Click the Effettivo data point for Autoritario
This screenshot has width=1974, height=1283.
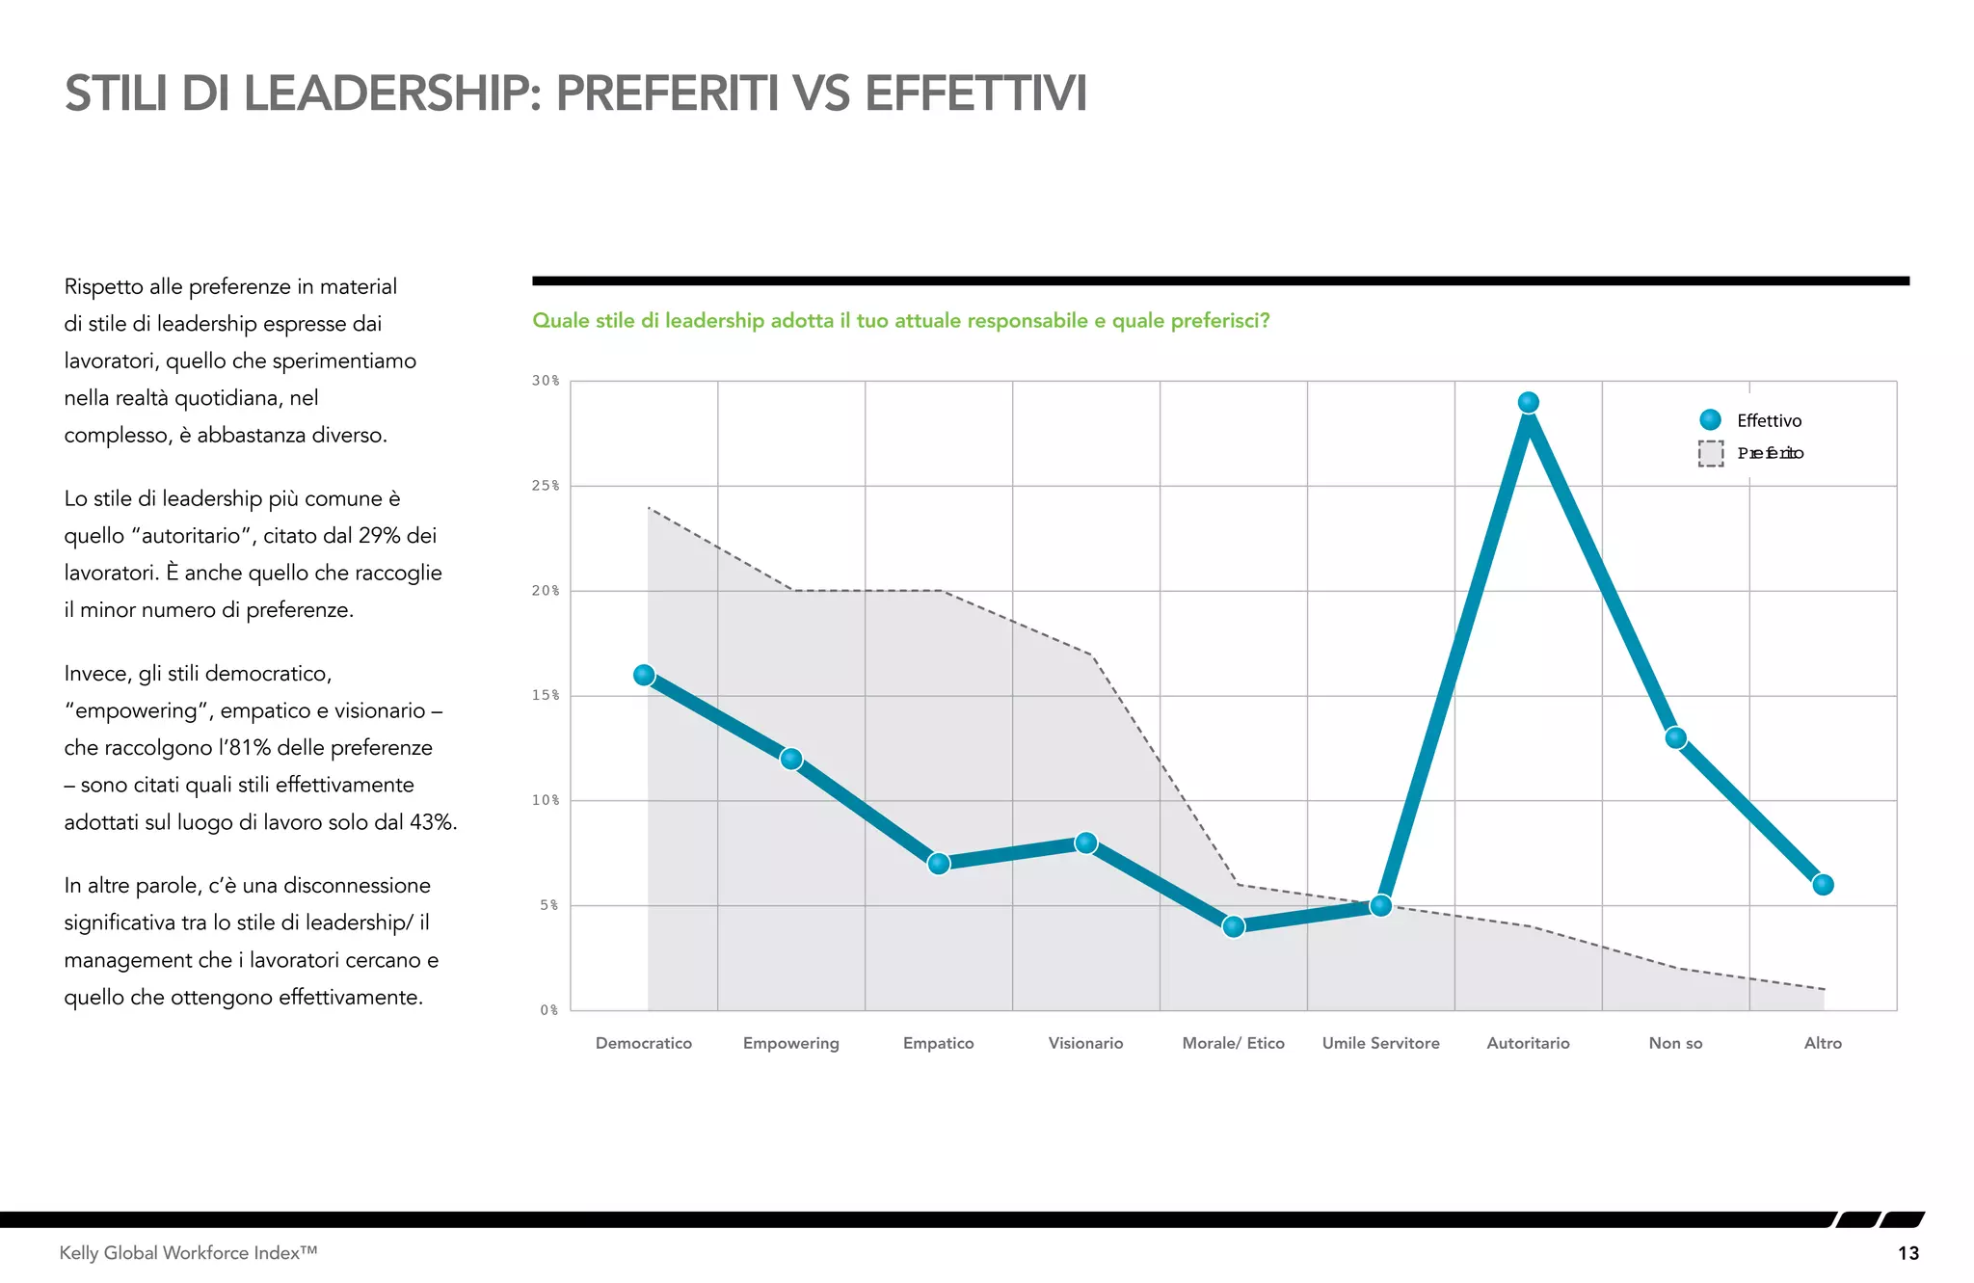coord(1528,402)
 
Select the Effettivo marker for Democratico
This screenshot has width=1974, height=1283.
coord(644,675)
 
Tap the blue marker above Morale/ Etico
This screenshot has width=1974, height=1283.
coord(1233,926)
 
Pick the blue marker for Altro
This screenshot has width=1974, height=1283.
coord(1822,884)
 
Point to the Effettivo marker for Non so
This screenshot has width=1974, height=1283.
coord(1675,737)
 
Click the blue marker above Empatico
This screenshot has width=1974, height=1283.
coord(939,863)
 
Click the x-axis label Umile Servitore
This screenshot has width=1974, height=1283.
coord(1380,1043)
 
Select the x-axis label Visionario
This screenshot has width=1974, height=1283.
coord(1085,1043)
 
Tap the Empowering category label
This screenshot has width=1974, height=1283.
coord(790,1043)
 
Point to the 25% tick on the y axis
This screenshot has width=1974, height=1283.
coord(545,486)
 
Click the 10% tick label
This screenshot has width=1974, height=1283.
coord(545,800)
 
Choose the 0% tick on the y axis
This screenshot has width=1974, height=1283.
coord(548,1010)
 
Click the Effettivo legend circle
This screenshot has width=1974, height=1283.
coord(1710,419)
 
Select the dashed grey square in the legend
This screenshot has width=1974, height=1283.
coord(1710,453)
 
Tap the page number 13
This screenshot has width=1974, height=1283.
coord(1907,1253)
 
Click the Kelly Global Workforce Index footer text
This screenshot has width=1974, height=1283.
coord(188,1253)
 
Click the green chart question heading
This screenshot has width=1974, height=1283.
coord(900,321)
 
